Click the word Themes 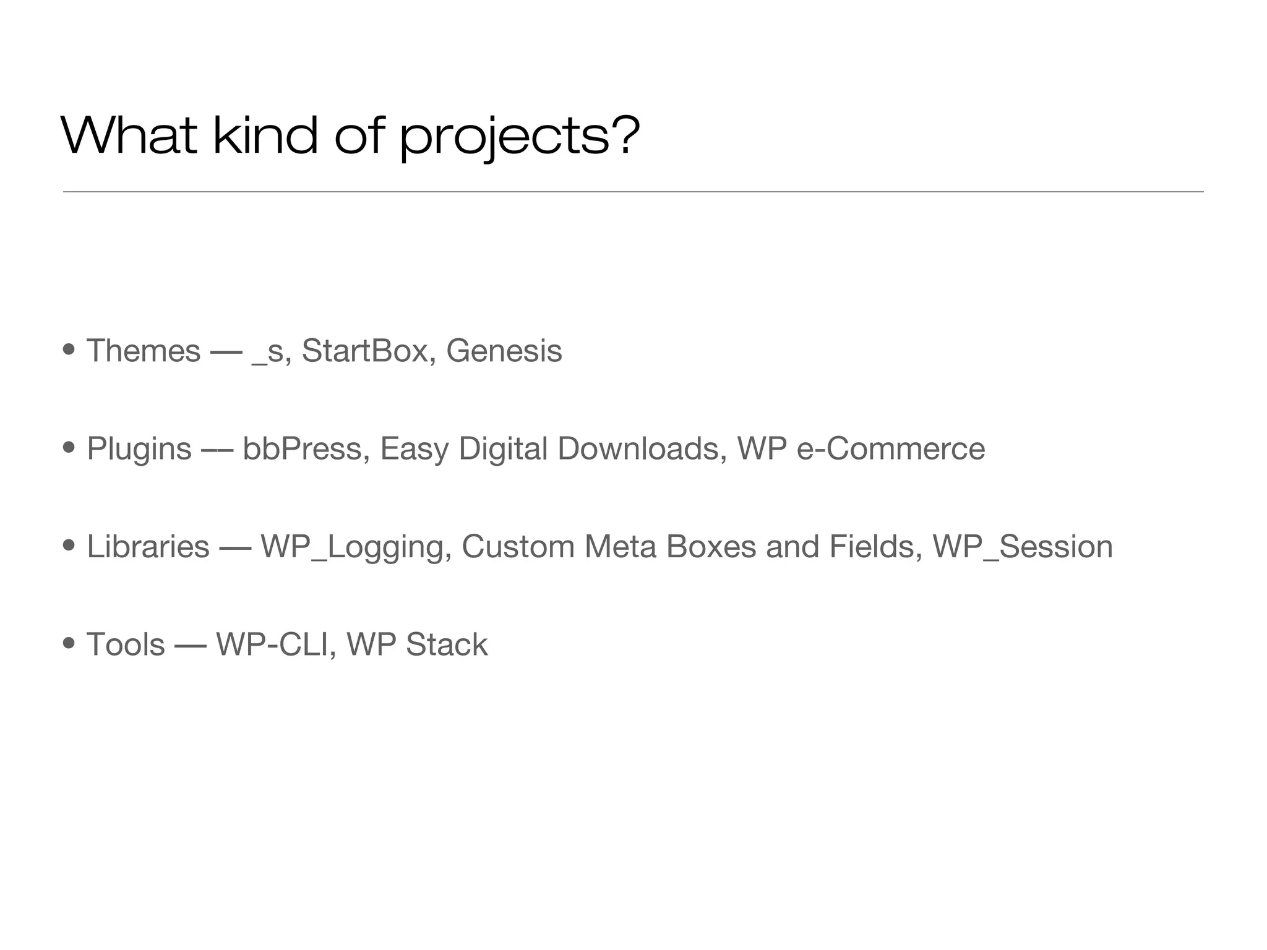144,351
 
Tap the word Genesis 504,351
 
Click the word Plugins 139,449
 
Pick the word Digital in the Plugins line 503,449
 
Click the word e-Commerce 890,448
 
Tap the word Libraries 148,547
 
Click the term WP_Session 1022,547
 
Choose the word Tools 126,644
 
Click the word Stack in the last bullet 447,644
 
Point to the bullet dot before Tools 69,643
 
